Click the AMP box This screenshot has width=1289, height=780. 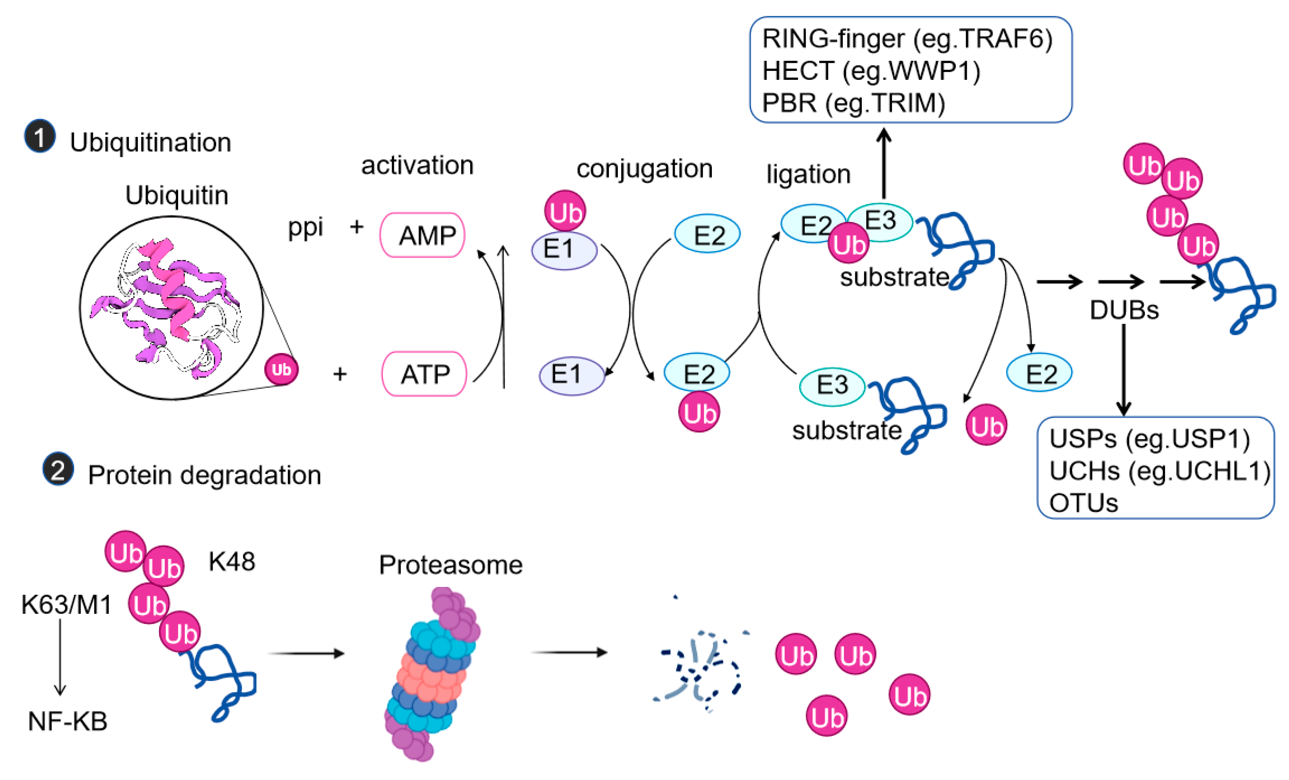pos(422,235)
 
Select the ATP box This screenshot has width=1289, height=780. pos(424,374)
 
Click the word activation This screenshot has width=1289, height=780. pos(417,165)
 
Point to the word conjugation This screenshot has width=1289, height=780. pos(644,169)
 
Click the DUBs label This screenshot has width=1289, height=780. pos(1124,310)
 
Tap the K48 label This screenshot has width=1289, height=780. pos(232,562)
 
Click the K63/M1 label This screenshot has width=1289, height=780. pos(66,604)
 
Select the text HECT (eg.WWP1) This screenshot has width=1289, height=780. pos(870,71)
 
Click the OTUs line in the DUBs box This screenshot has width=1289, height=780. pos(1083,503)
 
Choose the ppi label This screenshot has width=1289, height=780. pos(306,227)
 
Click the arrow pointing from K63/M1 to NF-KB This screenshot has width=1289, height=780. pos(60,657)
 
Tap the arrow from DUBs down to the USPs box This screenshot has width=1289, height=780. pos(1123,369)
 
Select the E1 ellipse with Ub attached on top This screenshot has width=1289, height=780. pos(564,251)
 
